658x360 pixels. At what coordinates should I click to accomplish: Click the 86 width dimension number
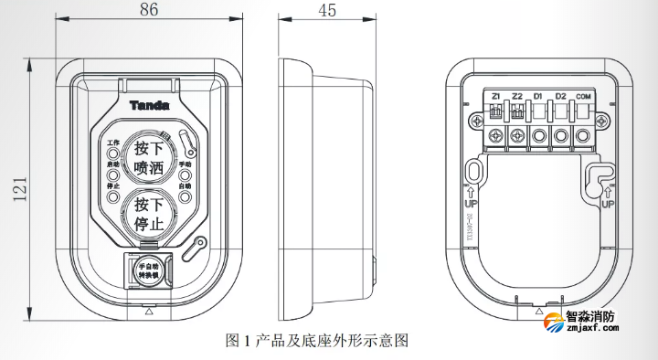(x=147, y=12)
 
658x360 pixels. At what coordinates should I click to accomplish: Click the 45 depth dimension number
(x=326, y=12)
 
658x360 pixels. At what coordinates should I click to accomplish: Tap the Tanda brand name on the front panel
(x=149, y=105)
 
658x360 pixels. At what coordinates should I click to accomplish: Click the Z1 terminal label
(x=495, y=96)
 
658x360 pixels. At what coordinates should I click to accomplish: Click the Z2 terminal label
(x=517, y=96)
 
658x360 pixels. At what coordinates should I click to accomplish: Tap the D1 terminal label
(x=539, y=96)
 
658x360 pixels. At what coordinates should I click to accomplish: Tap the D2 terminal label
(x=561, y=96)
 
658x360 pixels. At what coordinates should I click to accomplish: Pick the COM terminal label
(x=583, y=96)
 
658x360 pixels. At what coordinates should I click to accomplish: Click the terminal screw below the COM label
(x=582, y=136)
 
